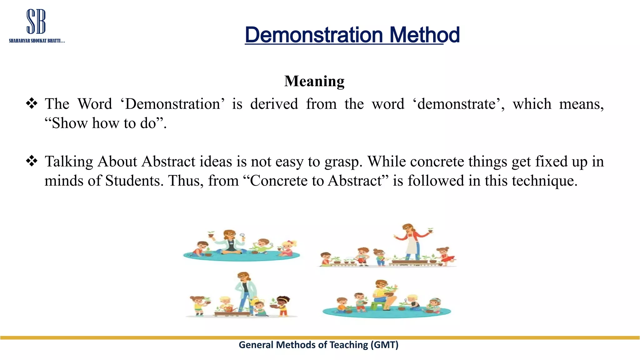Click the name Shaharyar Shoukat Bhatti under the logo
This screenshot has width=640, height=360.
37,41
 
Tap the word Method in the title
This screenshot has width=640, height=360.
424,35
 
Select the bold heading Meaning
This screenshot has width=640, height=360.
314,81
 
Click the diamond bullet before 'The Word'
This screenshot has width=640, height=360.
32,103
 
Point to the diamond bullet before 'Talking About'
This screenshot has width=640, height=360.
32,161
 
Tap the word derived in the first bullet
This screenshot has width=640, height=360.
274,104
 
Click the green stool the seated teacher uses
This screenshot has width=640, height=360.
378,305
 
